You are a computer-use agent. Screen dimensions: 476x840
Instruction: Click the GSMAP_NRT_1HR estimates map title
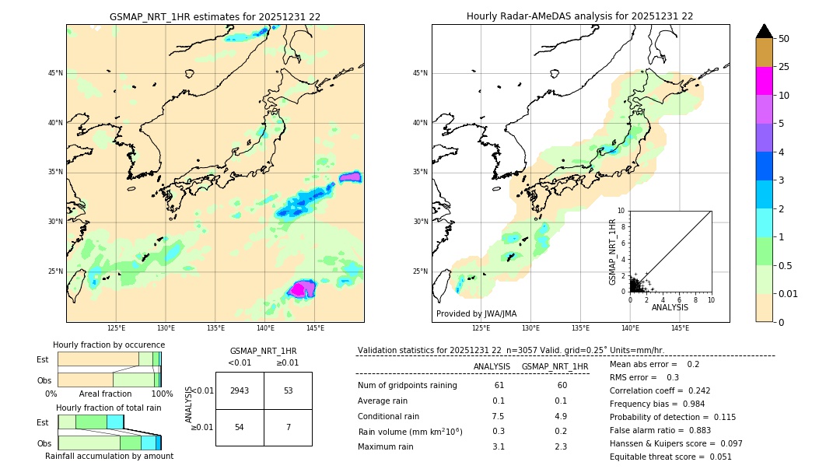pos(215,16)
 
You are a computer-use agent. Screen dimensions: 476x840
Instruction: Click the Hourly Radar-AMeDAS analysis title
pos(579,16)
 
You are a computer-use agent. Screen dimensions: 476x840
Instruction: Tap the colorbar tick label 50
pos(784,39)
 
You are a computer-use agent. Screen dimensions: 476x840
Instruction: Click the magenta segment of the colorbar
pos(764,81)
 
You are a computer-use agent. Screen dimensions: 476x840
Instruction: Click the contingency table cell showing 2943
pos(240,390)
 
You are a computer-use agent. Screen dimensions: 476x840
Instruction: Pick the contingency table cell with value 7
pos(288,428)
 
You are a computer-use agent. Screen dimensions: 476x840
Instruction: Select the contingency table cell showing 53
pos(288,390)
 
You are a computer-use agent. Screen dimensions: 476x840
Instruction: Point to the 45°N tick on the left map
pos(55,73)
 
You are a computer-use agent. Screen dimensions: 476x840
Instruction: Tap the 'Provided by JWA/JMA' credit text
pos(476,314)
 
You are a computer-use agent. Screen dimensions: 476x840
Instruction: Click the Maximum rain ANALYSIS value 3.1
pos(499,446)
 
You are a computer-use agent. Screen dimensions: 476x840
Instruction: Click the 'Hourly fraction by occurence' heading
pos(109,345)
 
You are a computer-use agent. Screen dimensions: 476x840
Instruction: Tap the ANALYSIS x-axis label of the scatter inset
pos(670,307)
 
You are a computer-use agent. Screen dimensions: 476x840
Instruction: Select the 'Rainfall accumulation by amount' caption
pos(109,456)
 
